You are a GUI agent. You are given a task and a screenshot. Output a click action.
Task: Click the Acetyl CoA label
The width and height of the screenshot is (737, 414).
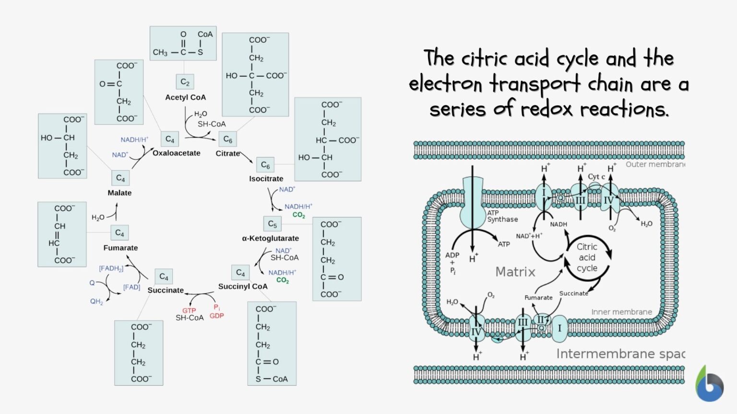(185, 97)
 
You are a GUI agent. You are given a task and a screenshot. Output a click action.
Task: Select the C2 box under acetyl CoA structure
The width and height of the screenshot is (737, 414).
(185, 82)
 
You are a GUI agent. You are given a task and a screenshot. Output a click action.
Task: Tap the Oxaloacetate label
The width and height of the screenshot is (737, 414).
(177, 153)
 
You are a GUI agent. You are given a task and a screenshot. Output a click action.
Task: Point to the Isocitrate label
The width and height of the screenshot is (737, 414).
(266, 179)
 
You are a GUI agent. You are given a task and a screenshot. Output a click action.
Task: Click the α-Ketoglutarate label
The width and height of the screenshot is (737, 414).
(270, 238)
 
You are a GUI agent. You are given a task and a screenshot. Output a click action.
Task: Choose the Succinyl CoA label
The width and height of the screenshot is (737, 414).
(243, 286)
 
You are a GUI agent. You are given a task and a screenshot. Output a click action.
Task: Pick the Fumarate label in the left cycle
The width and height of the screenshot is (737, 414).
(120, 248)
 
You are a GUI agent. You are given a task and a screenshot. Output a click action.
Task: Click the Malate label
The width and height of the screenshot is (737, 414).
(119, 193)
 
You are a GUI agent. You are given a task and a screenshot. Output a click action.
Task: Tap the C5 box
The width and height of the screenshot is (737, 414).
(272, 224)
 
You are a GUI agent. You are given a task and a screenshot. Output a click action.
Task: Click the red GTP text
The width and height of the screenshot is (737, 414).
(189, 310)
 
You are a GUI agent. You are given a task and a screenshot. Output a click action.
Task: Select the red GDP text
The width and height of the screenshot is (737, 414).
(217, 316)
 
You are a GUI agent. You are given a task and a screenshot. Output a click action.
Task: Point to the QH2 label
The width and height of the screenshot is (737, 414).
(96, 301)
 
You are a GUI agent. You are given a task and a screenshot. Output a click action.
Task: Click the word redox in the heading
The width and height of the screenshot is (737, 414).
(547, 109)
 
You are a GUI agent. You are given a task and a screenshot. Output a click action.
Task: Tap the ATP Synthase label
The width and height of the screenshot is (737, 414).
(502, 216)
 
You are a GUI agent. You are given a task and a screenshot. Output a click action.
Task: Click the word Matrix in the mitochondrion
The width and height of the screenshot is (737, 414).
(515, 272)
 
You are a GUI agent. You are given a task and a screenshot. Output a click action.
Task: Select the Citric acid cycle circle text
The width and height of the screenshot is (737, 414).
(587, 257)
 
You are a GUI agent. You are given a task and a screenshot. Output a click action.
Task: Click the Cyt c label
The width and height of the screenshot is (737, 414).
(596, 176)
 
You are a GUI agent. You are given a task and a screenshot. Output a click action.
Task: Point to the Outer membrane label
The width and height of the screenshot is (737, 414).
(655, 164)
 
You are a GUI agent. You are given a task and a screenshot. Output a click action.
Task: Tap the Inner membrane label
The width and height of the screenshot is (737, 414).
(621, 312)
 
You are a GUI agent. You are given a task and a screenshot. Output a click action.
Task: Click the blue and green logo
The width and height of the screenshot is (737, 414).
(709, 384)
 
